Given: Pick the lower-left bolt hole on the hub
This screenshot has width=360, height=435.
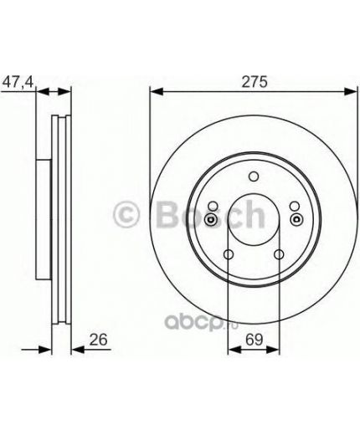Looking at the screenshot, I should pos(229,255).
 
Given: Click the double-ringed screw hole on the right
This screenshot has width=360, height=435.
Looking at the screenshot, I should pos(297,219).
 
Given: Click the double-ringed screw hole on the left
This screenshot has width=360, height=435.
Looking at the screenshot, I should pos(211,219).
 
